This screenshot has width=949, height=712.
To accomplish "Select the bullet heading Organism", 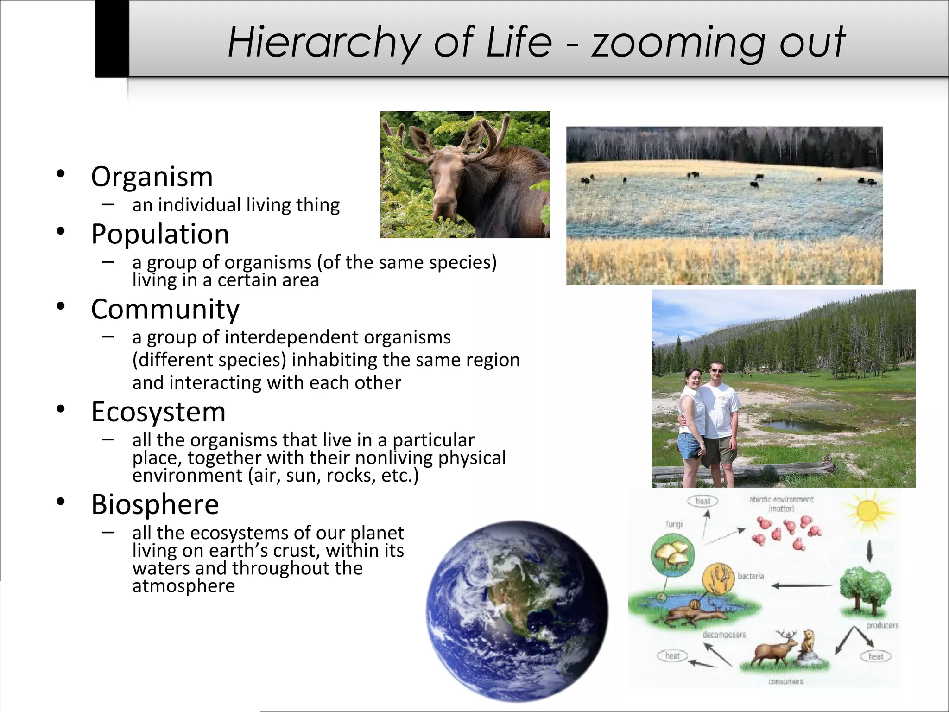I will point(152,177).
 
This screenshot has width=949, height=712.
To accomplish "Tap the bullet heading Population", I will point(160,234).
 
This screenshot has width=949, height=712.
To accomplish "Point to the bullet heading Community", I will point(165,309).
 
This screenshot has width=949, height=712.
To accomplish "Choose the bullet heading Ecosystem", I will point(158,412).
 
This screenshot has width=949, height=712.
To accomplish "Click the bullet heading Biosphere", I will point(155,504).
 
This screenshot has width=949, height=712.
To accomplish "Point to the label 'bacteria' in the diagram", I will point(751,576).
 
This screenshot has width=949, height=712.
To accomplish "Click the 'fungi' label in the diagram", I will point(674,524).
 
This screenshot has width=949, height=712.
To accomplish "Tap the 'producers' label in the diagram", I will point(882,625).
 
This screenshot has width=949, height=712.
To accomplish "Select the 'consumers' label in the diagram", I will point(785,681).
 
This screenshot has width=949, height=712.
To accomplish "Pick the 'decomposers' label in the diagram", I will point(724,635).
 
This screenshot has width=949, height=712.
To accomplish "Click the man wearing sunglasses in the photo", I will point(716,408).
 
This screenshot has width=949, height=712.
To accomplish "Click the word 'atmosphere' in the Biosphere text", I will point(183,586).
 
